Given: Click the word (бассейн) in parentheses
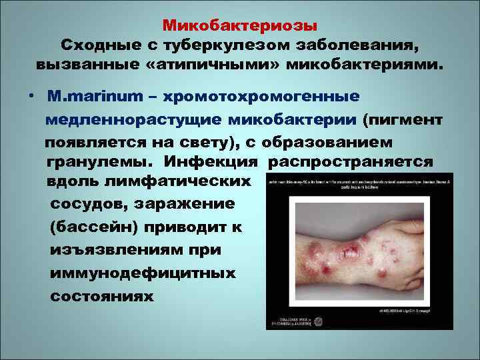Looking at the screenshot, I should coord(91,227).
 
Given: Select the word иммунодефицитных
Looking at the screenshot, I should coord(142,273).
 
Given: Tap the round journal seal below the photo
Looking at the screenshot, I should coord(317,321).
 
